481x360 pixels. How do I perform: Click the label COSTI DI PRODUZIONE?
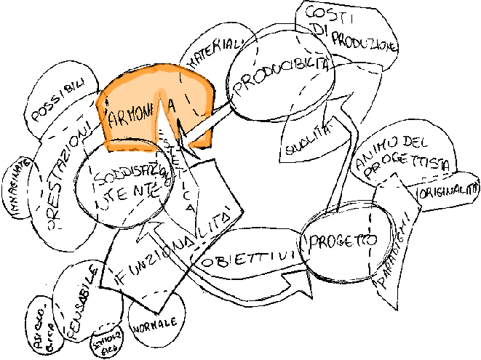coord(350,28)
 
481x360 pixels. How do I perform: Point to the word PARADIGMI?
coord(397,255)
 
